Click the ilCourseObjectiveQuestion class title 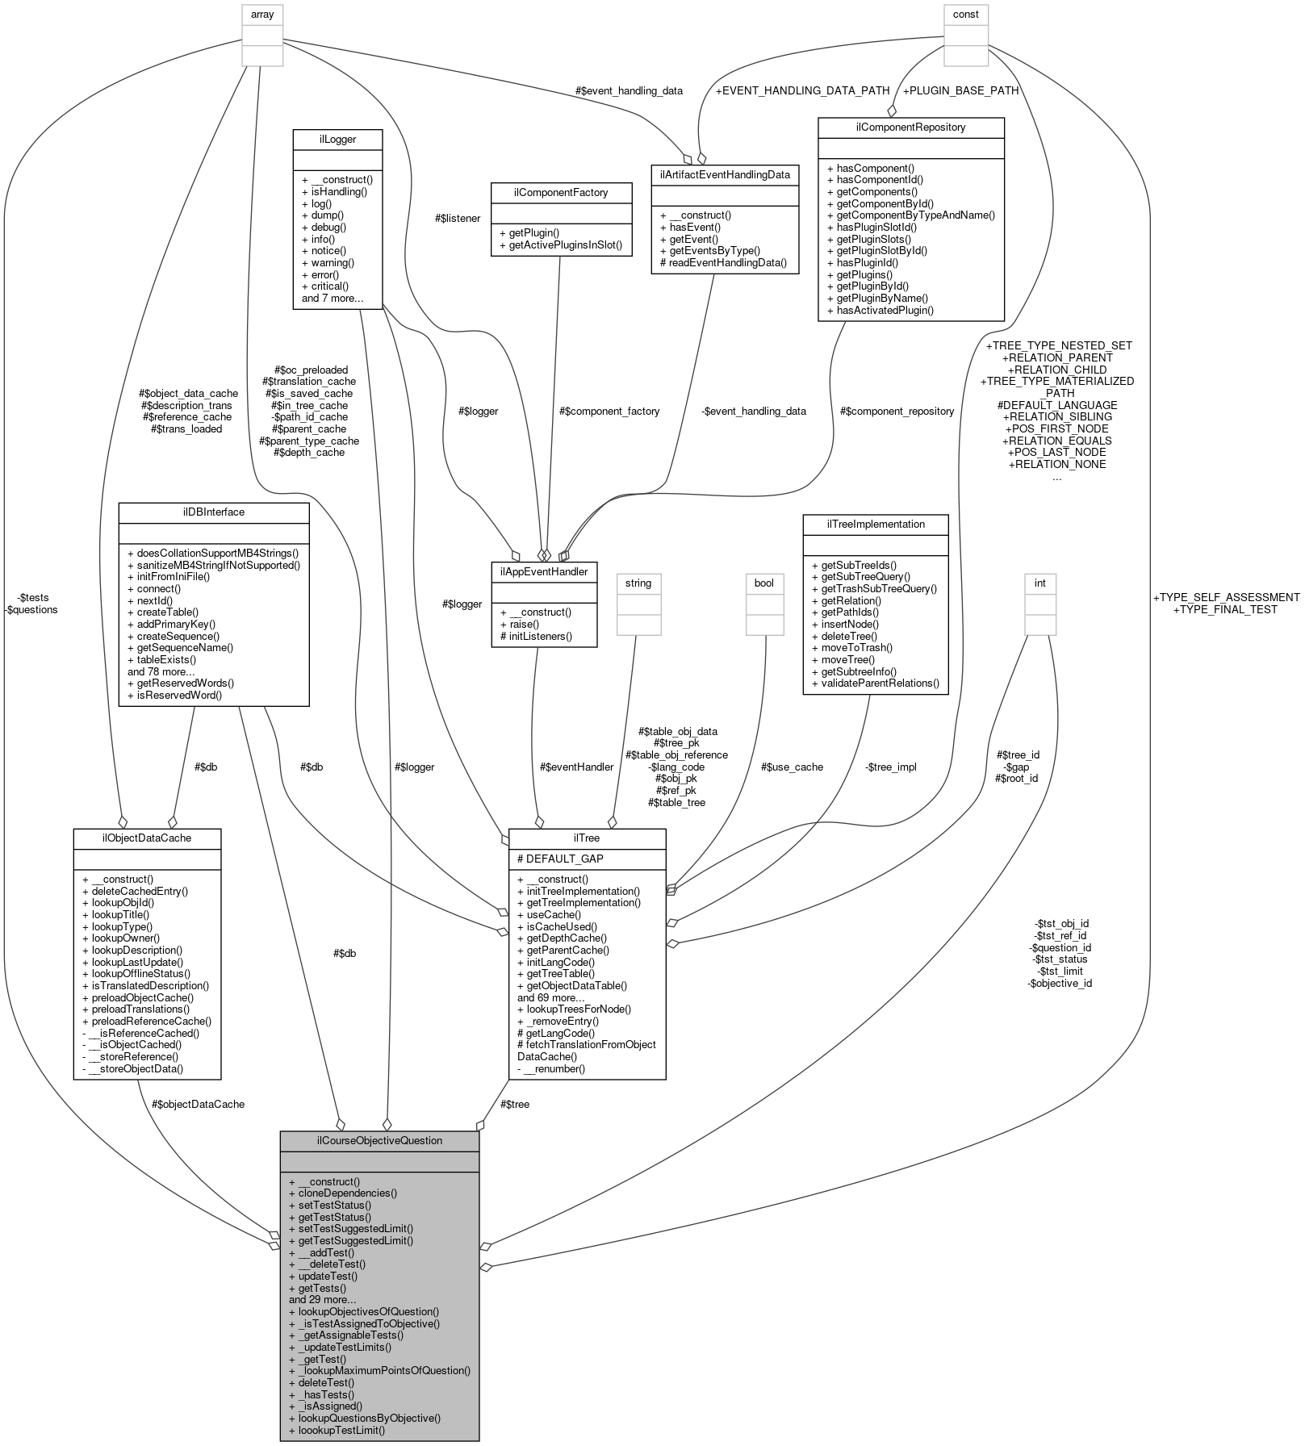click(x=379, y=1140)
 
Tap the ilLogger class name click(x=337, y=139)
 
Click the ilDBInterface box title click(x=214, y=512)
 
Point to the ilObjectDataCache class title click(x=147, y=838)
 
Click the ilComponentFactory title click(x=561, y=192)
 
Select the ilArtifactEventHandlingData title click(x=725, y=174)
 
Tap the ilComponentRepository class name click(x=910, y=127)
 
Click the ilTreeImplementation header click(x=875, y=524)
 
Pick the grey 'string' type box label click(x=638, y=583)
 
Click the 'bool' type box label click(x=763, y=583)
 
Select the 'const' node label click(x=966, y=14)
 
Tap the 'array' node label click(x=262, y=14)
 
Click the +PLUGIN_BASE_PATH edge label click(x=960, y=90)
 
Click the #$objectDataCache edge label click(x=198, y=1104)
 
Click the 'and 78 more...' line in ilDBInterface click(x=161, y=671)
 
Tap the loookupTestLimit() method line click(x=337, y=1430)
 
